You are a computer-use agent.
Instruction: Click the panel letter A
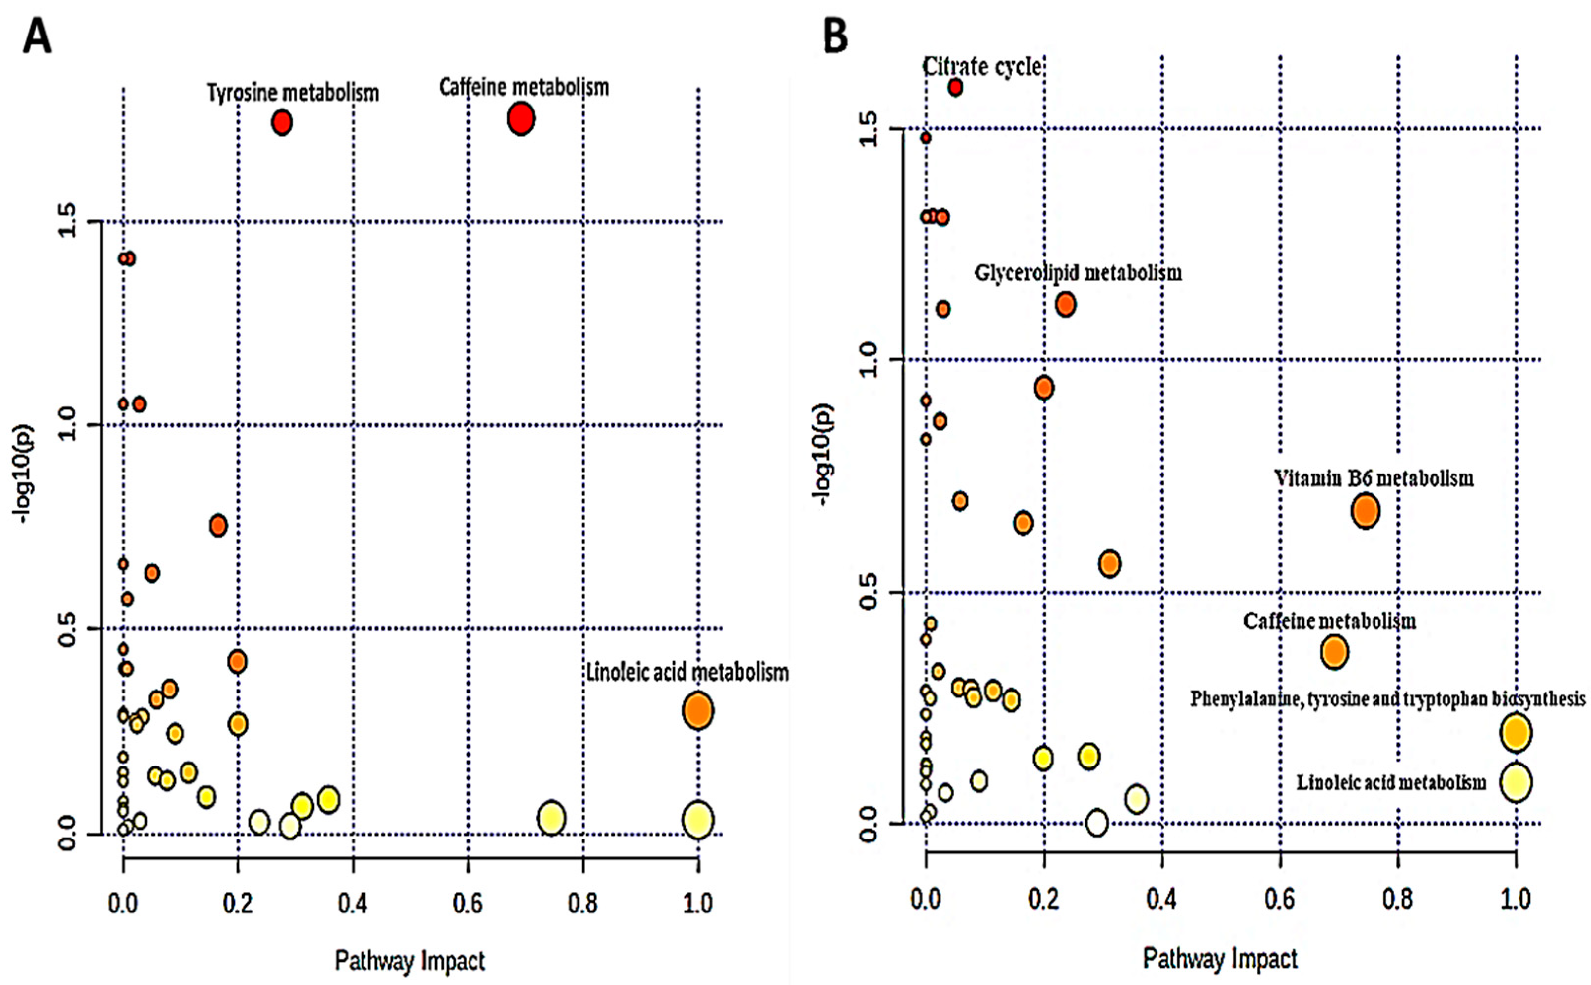point(37,37)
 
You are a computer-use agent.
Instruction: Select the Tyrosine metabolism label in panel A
point(292,93)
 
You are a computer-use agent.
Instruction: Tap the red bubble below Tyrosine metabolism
point(281,122)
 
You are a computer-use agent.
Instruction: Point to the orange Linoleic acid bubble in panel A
point(697,711)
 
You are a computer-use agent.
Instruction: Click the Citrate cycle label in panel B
point(981,67)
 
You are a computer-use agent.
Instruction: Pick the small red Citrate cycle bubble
point(955,87)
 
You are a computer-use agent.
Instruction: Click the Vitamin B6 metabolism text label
point(1374,479)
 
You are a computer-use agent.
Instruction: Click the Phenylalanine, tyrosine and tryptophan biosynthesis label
point(1387,699)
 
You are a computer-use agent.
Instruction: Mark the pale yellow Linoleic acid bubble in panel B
point(1516,782)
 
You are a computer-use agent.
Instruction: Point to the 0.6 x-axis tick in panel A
point(468,904)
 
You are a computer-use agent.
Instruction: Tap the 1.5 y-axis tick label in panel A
point(67,221)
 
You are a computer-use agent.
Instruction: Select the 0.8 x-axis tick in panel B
point(1398,899)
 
